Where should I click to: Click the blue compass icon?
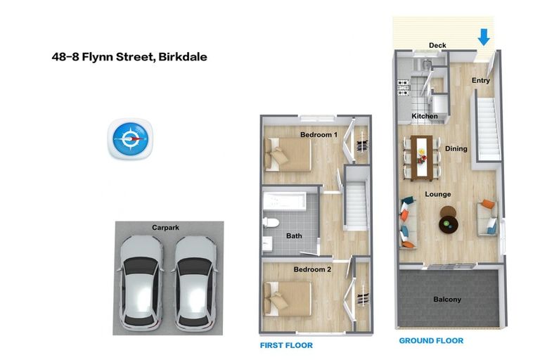point(131,139)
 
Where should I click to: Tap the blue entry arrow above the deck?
point(484,36)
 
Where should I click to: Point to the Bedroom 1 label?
point(319,134)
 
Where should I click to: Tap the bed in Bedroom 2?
point(288,297)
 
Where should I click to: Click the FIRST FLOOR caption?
point(286,346)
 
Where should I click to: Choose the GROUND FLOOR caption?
point(431,340)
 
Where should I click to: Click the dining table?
point(421,153)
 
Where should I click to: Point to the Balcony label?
point(447,300)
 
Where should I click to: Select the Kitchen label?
point(425,116)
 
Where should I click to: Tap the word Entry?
point(481,80)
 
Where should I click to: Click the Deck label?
point(437,46)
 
